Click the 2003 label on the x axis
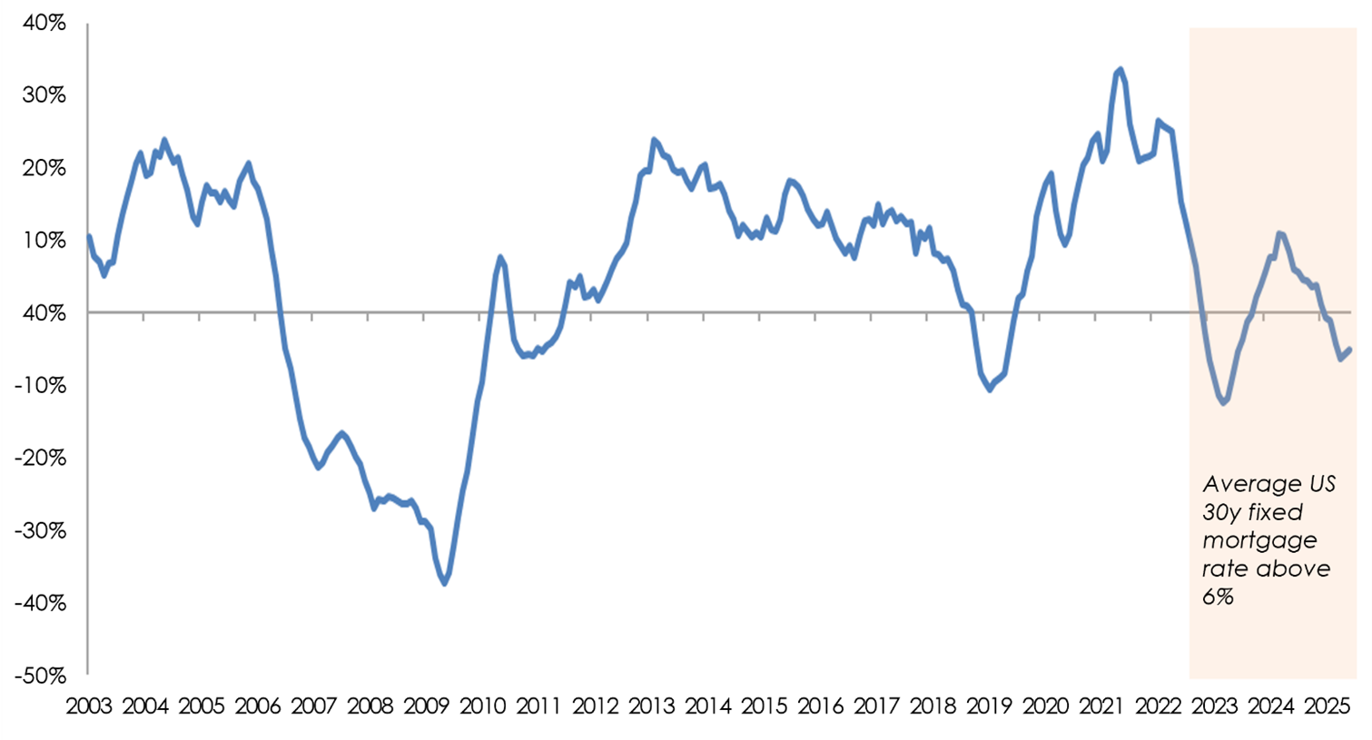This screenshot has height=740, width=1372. (89, 706)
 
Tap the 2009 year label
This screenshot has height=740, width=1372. (427, 706)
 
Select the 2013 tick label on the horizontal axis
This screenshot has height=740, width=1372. (651, 706)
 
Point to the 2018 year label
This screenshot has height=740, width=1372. (933, 706)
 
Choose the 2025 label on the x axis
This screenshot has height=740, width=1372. (1326, 706)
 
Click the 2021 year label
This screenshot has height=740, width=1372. (1101, 706)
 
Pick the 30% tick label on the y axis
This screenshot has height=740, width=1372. (44, 95)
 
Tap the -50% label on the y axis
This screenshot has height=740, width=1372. (40, 676)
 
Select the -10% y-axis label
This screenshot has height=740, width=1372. (40, 386)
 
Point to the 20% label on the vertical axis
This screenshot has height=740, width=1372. (44, 168)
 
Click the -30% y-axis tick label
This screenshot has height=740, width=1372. (40, 531)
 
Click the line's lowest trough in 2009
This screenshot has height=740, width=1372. (445, 583)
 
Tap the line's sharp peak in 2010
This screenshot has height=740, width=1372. (500, 257)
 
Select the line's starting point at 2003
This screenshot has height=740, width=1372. (89, 236)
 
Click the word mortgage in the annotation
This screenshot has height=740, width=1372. (1259, 540)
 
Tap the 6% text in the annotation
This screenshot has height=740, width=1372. (1218, 597)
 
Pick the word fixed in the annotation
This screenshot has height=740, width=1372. (1274, 512)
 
